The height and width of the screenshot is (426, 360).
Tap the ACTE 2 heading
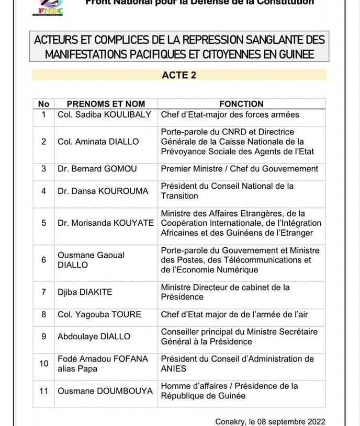[179, 75]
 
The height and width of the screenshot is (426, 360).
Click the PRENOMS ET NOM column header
[106, 104]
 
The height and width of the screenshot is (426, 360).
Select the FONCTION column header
[241, 104]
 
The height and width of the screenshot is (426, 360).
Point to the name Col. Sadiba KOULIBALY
[104, 114]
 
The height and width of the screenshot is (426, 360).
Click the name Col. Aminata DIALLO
[98, 142]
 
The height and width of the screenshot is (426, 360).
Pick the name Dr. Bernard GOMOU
[98, 169]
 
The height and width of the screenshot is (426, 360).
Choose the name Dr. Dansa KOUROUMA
[103, 191]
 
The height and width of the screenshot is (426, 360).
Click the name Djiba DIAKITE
[85, 292]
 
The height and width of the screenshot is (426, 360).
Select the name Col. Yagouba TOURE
[99, 315]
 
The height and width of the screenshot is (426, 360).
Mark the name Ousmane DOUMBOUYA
[105, 391]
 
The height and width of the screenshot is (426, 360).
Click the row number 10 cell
[44, 364]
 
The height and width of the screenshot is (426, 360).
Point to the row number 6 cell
[44, 260]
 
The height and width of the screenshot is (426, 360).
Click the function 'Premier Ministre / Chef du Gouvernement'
[239, 169]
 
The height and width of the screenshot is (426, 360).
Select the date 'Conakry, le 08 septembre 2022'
[270, 422]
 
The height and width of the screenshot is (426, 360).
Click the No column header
[44, 104]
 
